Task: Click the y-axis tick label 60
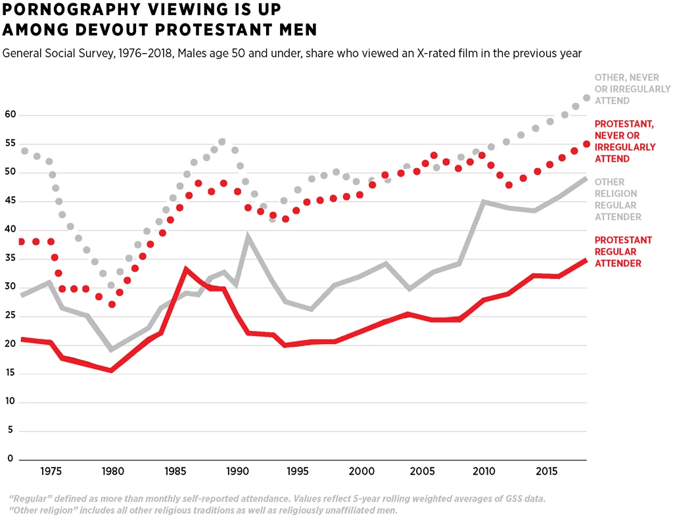[x=9, y=115]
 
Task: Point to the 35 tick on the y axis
[x=9, y=258]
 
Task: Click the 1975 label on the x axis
[x=51, y=471]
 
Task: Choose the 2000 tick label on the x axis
[x=360, y=471]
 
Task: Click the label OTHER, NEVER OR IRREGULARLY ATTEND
[x=632, y=89]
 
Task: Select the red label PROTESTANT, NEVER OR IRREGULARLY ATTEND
[x=624, y=141]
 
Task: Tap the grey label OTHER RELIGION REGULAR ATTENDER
[x=618, y=199]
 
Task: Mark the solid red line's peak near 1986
[x=186, y=269]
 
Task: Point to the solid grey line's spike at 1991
[x=248, y=236]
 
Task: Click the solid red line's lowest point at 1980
[x=111, y=370]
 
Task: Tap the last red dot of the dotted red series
[x=587, y=144]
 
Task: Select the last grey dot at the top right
[x=587, y=98]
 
